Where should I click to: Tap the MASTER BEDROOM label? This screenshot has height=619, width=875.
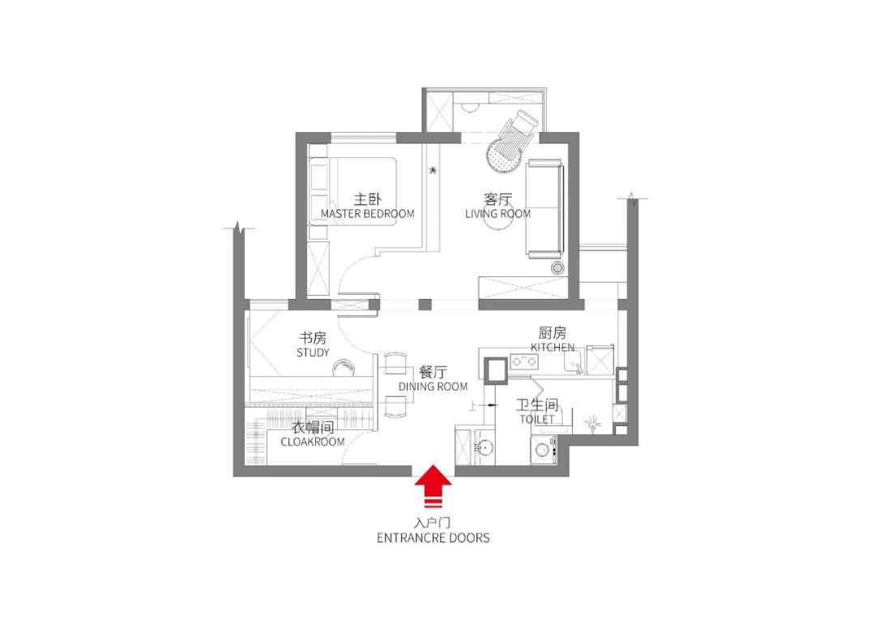[x=367, y=214]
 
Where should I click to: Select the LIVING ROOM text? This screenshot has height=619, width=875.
[x=497, y=214]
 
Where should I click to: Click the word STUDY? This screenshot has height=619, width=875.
[x=313, y=352]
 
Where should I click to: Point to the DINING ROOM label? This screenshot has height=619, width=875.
[x=433, y=386]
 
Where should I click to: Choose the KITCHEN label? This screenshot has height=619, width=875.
[x=553, y=348]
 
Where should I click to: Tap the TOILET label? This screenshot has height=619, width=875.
[x=537, y=419]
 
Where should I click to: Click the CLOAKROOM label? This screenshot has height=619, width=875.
[x=313, y=442]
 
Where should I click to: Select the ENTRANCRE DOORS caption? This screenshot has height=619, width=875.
[x=433, y=538]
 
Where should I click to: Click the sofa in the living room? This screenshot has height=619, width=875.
[x=544, y=209]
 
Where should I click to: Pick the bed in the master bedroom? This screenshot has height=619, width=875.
[x=352, y=191]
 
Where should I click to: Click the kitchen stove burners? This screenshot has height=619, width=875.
[x=524, y=361]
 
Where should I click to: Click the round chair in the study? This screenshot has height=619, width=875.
[x=345, y=368]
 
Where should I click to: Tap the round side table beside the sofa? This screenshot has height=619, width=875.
[x=557, y=268]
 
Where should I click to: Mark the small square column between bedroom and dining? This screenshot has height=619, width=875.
[x=425, y=305]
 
